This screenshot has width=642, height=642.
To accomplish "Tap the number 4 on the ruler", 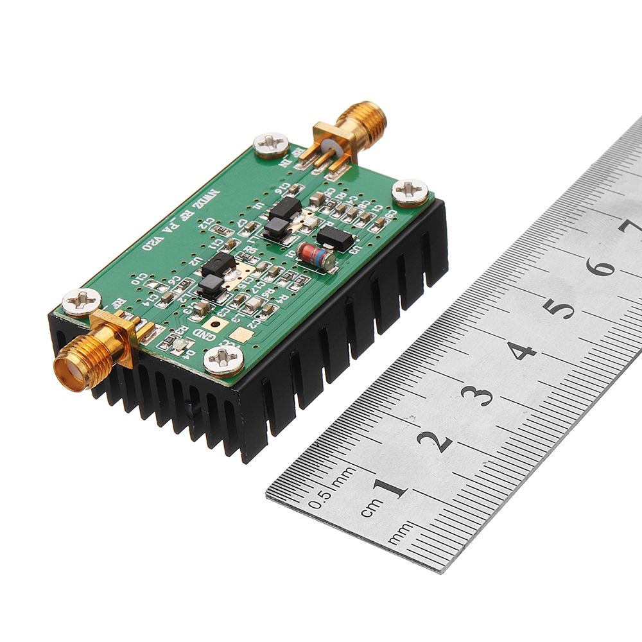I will coord(522,351).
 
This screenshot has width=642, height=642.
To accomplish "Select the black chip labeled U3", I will coord(335,238).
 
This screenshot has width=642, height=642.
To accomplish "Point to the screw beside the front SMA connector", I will coord(82,302).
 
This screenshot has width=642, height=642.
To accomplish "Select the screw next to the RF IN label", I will coord(271,144).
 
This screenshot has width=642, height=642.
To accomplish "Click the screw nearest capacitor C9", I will coord(410,191).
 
